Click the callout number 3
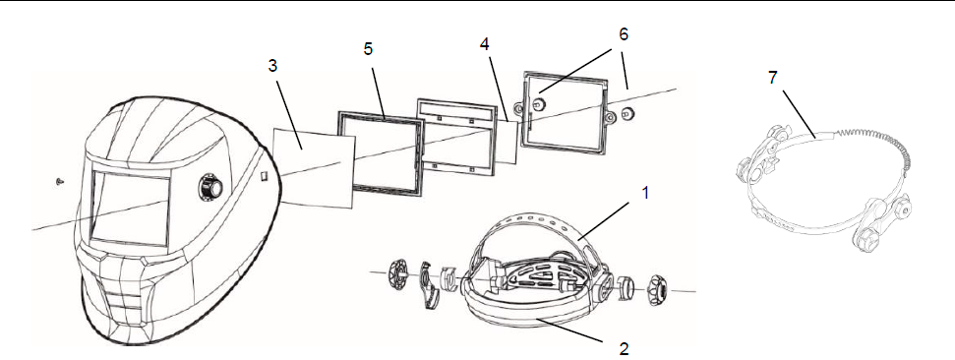272,66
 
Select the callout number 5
369,49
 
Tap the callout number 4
484,44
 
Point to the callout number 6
623,34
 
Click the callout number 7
773,78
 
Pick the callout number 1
645,193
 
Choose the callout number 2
624,348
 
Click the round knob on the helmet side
209,188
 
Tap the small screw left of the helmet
59,181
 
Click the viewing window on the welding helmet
130,208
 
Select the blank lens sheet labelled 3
314,167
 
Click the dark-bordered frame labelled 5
382,156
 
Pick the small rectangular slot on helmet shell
264,177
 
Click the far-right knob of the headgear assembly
657,290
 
